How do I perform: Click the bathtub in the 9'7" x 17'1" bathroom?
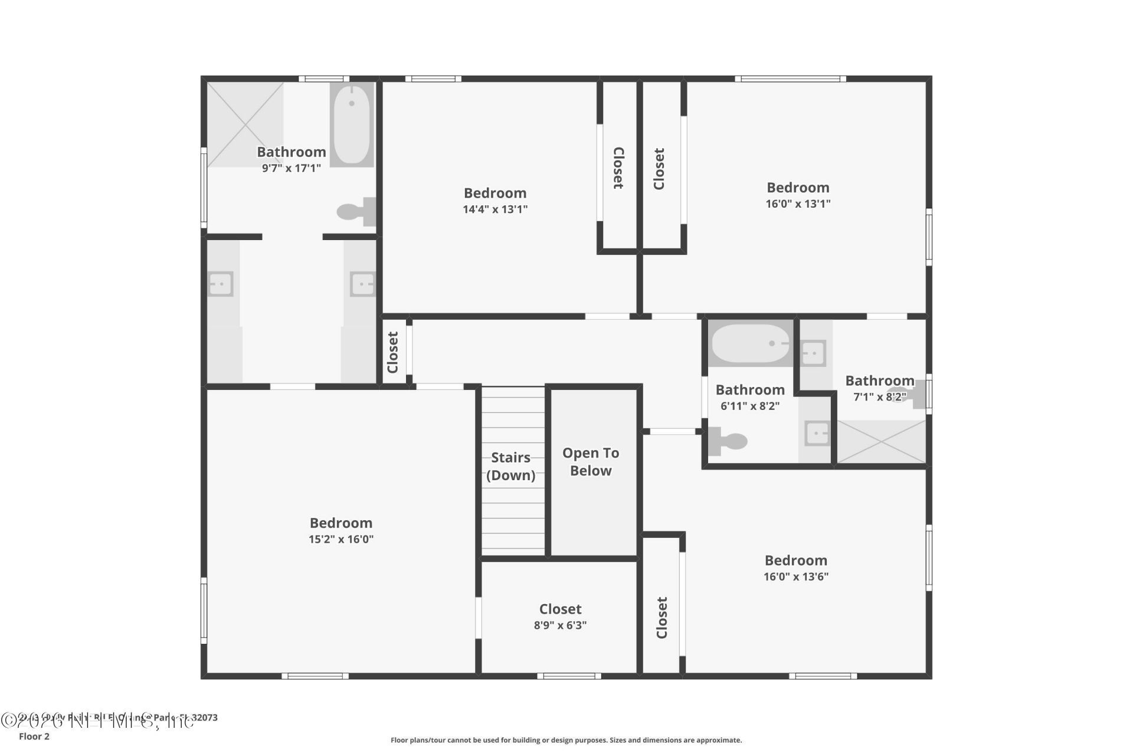click(x=352, y=124)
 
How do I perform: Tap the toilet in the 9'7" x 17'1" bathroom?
click(x=355, y=212)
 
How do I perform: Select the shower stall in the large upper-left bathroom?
click(x=245, y=124)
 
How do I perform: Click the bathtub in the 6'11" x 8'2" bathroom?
click(x=750, y=344)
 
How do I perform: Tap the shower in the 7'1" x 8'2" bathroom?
click(x=881, y=442)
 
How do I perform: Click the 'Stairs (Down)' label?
click(x=511, y=467)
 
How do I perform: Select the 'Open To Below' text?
click(x=591, y=462)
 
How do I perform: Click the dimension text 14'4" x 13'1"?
click(x=495, y=209)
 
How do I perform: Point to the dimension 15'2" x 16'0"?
click(x=341, y=539)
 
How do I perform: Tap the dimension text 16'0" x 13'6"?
click(x=796, y=577)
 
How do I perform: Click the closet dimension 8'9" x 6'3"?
click(x=560, y=625)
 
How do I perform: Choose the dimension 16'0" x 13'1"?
click(x=798, y=204)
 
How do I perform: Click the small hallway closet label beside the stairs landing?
click(x=393, y=352)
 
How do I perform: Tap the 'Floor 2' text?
click(x=34, y=736)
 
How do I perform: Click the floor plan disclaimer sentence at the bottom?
click(x=566, y=740)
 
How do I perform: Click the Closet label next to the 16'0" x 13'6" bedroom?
click(x=662, y=618)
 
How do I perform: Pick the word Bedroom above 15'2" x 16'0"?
click(x=341, y=523)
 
